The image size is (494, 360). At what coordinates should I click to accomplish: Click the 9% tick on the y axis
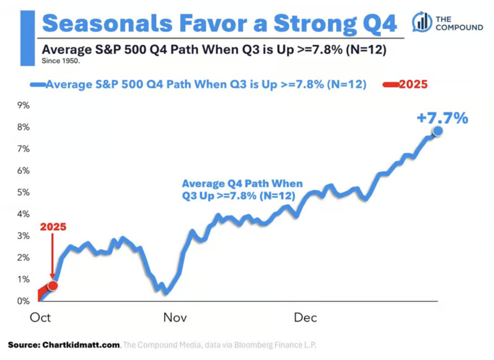24,106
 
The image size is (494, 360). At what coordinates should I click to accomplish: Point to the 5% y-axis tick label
24,192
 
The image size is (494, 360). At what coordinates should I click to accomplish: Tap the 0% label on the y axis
24,301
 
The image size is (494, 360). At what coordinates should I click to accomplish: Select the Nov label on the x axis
175,318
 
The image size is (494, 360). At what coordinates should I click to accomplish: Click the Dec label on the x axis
305,318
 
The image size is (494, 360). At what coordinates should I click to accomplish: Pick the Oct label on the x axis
41,318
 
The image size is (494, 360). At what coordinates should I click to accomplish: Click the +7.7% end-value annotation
442,118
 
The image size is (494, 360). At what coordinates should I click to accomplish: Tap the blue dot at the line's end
437,131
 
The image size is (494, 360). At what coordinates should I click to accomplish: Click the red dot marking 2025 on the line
53,286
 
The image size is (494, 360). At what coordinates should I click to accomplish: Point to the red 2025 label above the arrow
53,227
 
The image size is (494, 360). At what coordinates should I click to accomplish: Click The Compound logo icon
422,22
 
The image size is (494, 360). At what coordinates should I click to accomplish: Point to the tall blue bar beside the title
27,38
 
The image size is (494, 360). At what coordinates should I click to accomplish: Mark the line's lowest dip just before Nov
165,293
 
